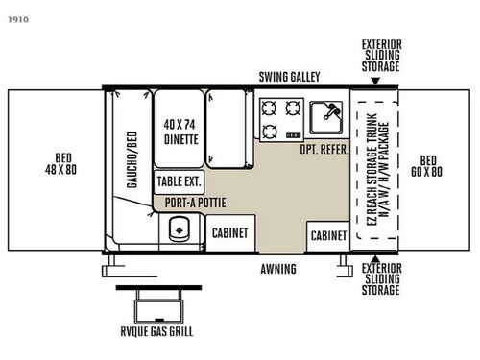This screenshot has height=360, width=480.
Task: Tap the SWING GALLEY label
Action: point(289,77)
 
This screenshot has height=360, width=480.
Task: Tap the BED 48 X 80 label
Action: point(54,162)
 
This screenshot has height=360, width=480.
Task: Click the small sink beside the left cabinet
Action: point(177,231)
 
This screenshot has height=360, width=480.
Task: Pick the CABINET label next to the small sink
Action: point(229,233)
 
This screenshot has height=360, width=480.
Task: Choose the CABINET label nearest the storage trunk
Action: point(328,234)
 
